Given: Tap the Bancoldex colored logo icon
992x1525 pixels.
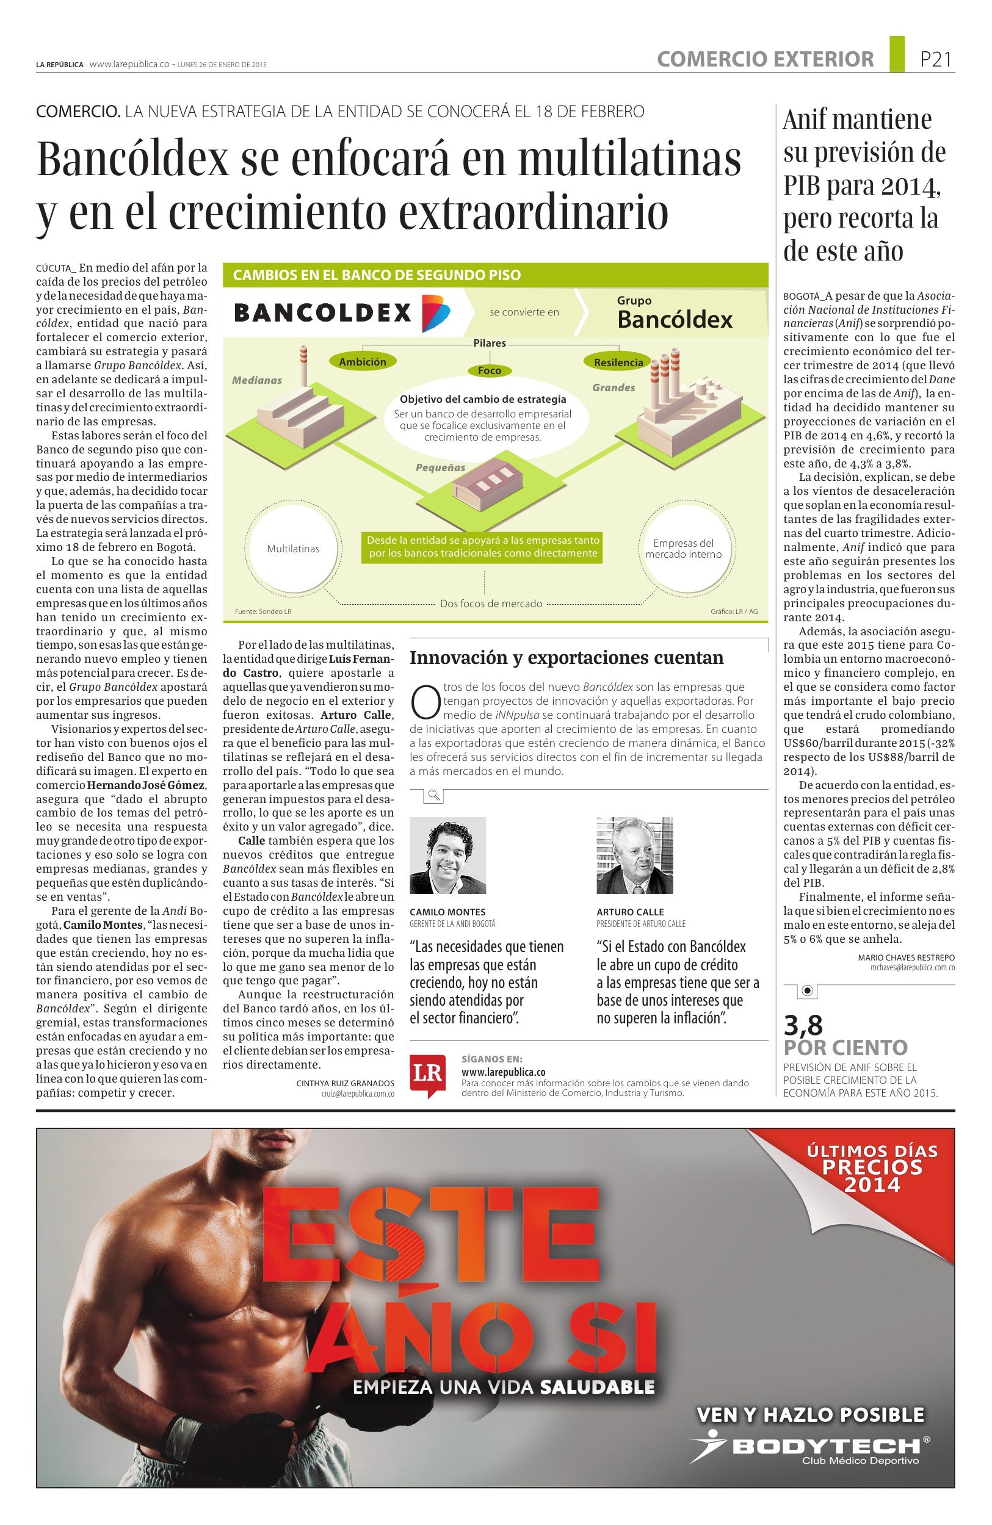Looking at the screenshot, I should pos(435,312).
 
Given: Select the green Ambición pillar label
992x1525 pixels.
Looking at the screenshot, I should pos(363,362).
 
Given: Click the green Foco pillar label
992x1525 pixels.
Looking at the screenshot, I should pos(490,370).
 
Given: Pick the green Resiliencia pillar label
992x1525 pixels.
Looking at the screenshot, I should pos(618,362).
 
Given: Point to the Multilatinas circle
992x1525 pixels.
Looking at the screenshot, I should pos(293,549).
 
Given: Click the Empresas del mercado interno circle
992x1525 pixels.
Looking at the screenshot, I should pos(683,549).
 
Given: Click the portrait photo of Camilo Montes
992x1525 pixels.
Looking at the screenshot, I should pos(447,855).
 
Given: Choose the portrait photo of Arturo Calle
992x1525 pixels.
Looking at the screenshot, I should pos(634,855).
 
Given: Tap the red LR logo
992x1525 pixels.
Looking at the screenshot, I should pos(427,1075).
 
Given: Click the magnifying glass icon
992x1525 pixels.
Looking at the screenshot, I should pos(434,795).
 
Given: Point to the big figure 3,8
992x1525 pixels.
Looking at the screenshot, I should pos(803,1025).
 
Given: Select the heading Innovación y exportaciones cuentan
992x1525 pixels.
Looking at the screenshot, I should pos(567,657).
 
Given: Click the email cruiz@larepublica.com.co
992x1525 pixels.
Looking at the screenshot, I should pos(358,1094).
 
